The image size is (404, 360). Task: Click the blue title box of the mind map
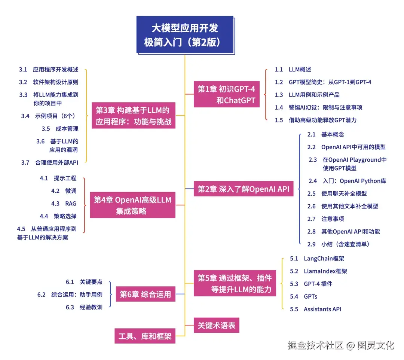pos(185,34)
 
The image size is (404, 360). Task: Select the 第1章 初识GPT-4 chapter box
pos(226,94)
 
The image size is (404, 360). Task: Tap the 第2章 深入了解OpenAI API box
pos(244,189)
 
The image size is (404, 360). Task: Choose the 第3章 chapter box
pos(133,116)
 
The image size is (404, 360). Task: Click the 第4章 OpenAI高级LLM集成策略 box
pos(133,205)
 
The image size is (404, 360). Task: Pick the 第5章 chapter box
pos(235,283)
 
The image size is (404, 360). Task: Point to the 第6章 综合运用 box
pos(145,294)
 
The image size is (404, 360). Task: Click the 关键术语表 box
pos(216,325)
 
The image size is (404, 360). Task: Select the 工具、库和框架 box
pos(144,336)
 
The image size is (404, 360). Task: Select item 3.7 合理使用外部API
pos(56,162)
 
